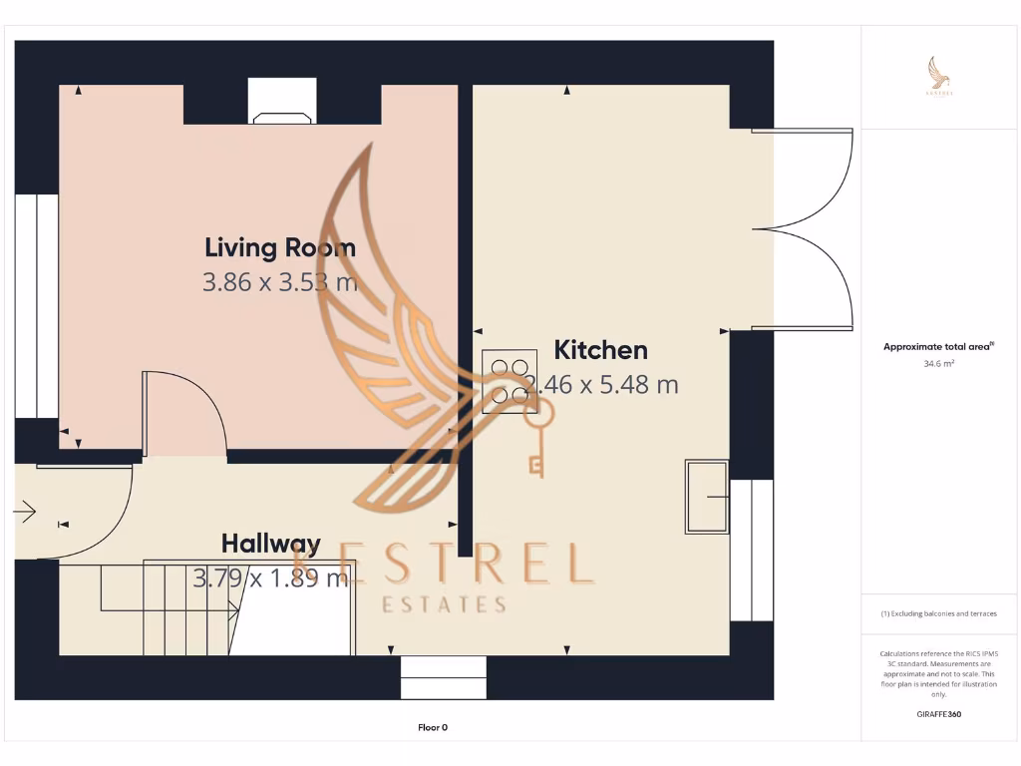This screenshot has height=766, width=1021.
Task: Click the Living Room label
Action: [279, 247]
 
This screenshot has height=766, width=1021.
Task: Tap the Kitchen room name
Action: [600, 350]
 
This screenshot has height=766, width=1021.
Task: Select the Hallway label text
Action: [270, 544]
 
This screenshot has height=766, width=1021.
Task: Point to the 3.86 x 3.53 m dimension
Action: [279, 282]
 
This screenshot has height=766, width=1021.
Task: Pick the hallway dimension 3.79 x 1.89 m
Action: [270, 577]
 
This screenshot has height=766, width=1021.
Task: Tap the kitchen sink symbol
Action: [707, 496]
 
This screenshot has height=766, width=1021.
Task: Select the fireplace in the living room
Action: [283, 104]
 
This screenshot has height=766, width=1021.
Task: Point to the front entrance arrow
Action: [25, 513]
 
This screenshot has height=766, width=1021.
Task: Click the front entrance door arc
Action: [85, 512]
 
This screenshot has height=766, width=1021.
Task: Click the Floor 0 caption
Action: [433, 728]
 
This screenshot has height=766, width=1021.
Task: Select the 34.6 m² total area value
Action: [938, 364]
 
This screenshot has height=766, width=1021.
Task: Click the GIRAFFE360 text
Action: [938, 714]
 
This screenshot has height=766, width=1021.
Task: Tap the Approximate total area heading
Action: [938, 347]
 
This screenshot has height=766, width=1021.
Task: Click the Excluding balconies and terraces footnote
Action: [938, 613]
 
